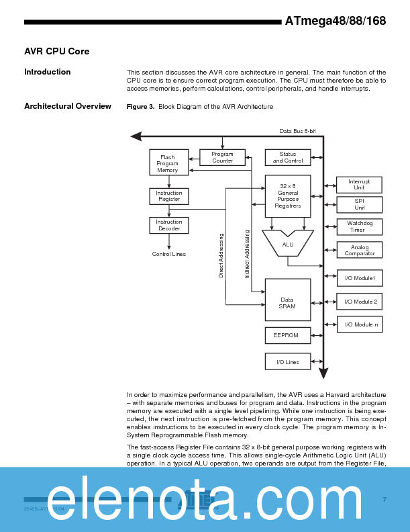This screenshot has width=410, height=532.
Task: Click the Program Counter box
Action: pyautogui.click(x=222, y=157)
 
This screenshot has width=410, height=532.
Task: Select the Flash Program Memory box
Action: pyautogui.click(x=168, y=163)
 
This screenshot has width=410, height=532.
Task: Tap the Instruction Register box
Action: pyautogui.click(x=169, y=196)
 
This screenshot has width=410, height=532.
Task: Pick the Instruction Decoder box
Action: pyautogui.click(x=169, y=225)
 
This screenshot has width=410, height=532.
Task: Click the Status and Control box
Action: pyautogui.click(x=288, y=157)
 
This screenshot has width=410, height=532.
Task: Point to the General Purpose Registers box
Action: pyautogui.click(x=288, y=196)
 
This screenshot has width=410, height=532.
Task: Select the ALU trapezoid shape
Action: pyautogui.click(x=288, y=245)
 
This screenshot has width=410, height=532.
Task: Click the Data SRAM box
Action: pyautogui.click(x=288, y=300)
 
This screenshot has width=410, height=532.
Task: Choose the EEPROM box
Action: pyautogui.click(x=288, y=335)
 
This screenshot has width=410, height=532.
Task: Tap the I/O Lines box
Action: pyautogui.click(x=288, y=362)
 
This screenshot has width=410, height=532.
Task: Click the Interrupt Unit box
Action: pyautogui.click(x=359, y=185)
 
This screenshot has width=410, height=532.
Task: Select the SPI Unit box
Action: pyautogui.click(x=359, y=205)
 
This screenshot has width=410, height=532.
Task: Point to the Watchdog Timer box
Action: pyautogui.click(x=359, y=226)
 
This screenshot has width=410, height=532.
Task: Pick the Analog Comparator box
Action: pyautogui.click(x=359, y=250)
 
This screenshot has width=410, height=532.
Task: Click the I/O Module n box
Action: pyautogui.click(x=359, y=324)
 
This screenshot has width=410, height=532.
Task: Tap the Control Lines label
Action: pyautogui.click(x=169, y=254)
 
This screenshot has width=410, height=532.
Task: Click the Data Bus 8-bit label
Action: pyautogui.click(x=297, y=131)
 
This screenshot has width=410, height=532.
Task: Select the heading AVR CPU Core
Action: pyautogui.click(x=56, y=52)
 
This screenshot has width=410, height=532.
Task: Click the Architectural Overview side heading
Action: pyautogui.click(x=67, y=106)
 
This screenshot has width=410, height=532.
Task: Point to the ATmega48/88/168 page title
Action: pyautogui.click(x=335, y=21)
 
